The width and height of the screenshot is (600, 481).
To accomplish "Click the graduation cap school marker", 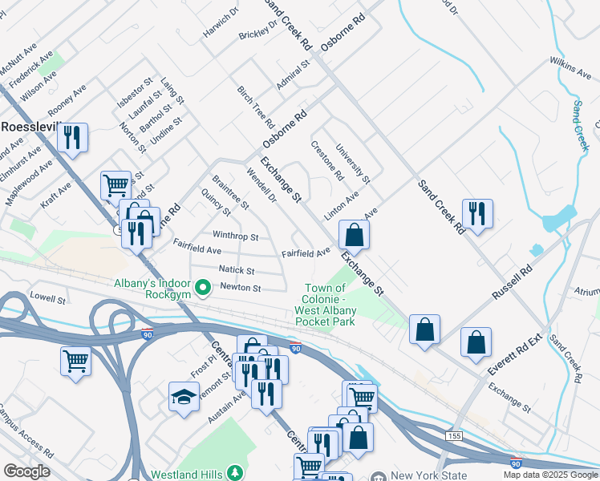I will [184, 396].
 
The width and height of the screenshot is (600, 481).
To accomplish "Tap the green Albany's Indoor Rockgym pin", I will [203, 287].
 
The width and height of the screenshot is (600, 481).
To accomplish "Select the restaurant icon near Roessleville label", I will [73, 138].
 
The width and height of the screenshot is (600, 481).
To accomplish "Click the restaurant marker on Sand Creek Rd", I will [477, 213].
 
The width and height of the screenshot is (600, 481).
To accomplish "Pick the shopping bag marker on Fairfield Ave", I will [354, 235].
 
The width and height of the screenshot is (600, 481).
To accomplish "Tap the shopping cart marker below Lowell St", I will [75, 361].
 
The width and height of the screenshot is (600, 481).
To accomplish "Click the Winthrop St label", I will [235, 237].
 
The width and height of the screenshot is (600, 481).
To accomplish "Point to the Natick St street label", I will [237, 271].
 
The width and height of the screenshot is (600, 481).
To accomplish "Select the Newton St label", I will [241, 287].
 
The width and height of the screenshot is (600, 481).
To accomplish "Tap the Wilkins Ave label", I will [570, 68].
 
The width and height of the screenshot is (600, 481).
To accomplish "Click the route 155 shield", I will [454, 435].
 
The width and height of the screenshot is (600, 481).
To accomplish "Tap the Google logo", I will [26, 471].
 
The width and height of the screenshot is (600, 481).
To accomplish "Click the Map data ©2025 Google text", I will [549, 475].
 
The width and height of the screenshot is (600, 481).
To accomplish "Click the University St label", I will [352, 163].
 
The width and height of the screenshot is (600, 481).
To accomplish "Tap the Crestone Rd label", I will [327, 160].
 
